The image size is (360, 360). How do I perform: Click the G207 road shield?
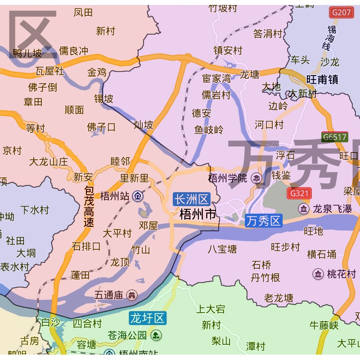coord(341,13)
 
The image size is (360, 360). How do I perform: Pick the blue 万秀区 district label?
coord(264,221)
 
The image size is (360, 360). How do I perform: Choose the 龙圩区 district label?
coord(147,318)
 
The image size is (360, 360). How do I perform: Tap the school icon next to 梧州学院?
coord(256,178)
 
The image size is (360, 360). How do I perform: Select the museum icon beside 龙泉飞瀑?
coord(304,209)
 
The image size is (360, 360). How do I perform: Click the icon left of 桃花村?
coord(318,274)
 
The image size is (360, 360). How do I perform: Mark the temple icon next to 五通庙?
coord(132,295)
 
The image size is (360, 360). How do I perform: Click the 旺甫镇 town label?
coord(322,80)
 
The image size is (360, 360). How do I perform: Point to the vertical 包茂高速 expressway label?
coord(89,207)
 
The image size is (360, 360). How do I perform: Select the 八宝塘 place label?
coord(222,249)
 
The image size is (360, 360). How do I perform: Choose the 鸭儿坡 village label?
coord(27,54)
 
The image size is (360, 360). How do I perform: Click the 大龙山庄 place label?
coord(48,161)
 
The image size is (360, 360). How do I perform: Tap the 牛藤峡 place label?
coord(324,325)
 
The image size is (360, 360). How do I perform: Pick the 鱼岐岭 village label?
coord(208,130)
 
